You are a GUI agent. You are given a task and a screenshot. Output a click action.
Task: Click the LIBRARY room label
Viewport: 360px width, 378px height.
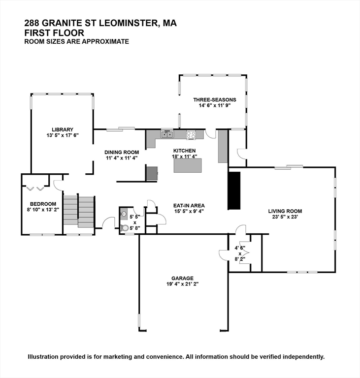pos(63,129)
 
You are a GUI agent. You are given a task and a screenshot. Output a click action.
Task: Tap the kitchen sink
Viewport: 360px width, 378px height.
pos(167,134)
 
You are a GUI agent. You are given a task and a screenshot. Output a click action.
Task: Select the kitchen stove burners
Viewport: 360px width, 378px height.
pos(191,134)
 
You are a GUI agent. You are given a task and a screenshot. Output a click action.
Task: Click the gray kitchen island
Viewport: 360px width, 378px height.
pos(188,165)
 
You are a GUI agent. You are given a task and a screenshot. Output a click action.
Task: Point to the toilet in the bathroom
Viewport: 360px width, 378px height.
pos(125,227)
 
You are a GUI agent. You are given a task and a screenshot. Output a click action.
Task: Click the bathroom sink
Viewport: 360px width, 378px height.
pos(124,214)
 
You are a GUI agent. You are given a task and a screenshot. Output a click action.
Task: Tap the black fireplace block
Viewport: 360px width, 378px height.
pos(234,190)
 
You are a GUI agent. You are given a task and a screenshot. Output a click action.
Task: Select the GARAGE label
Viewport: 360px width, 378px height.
pos(182,278)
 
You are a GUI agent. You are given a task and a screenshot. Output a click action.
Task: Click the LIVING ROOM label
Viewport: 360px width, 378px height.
pos(285,211)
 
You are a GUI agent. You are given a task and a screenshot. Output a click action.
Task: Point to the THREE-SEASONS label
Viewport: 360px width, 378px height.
pos(215,99)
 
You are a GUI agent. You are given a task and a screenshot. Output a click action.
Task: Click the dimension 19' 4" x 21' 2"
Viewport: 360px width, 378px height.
pos(182,284)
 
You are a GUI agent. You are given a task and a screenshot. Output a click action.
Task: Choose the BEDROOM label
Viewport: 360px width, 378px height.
pos(43,204)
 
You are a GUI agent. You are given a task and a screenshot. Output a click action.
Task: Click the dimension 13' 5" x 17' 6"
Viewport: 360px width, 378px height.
pos(63,135)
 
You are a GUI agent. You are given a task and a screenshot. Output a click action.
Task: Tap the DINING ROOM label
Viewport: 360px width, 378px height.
pos(122,153)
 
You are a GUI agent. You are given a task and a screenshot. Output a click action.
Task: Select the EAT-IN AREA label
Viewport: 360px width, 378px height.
pos(189,206)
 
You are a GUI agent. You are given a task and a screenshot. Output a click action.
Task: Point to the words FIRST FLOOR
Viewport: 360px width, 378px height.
pos(54,33)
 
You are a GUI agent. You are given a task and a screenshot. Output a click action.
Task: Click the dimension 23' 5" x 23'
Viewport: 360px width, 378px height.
pos(285,217)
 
